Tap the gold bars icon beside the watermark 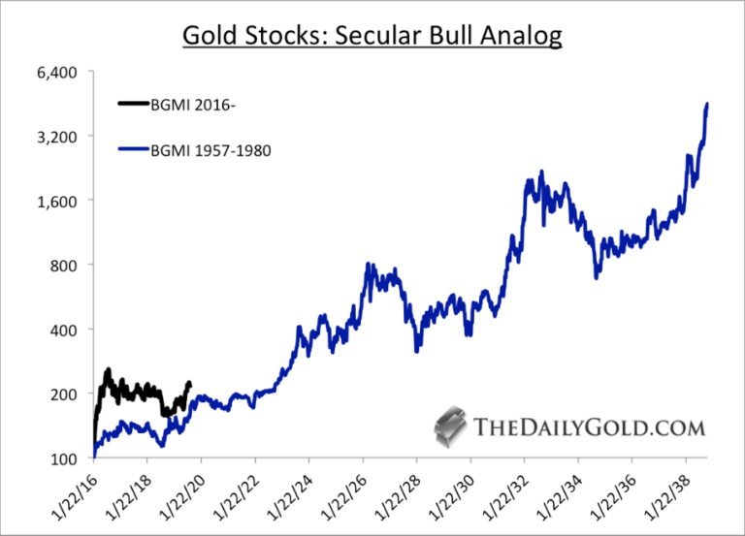[450, 426]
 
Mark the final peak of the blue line [707, 103]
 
